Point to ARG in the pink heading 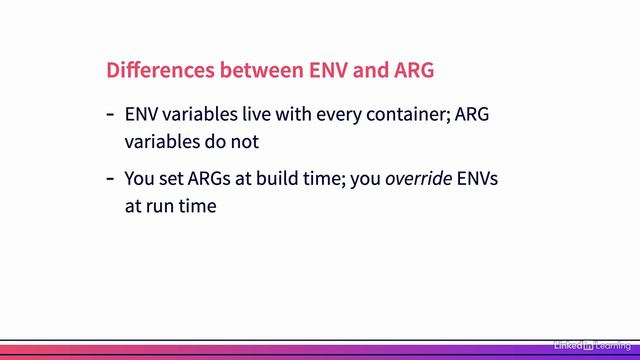point(409,71)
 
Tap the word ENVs point(477,181)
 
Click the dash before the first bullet point(110,115)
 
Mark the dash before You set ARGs point(110,181)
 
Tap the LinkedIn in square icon point(589,345)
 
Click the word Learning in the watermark point(613,345)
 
